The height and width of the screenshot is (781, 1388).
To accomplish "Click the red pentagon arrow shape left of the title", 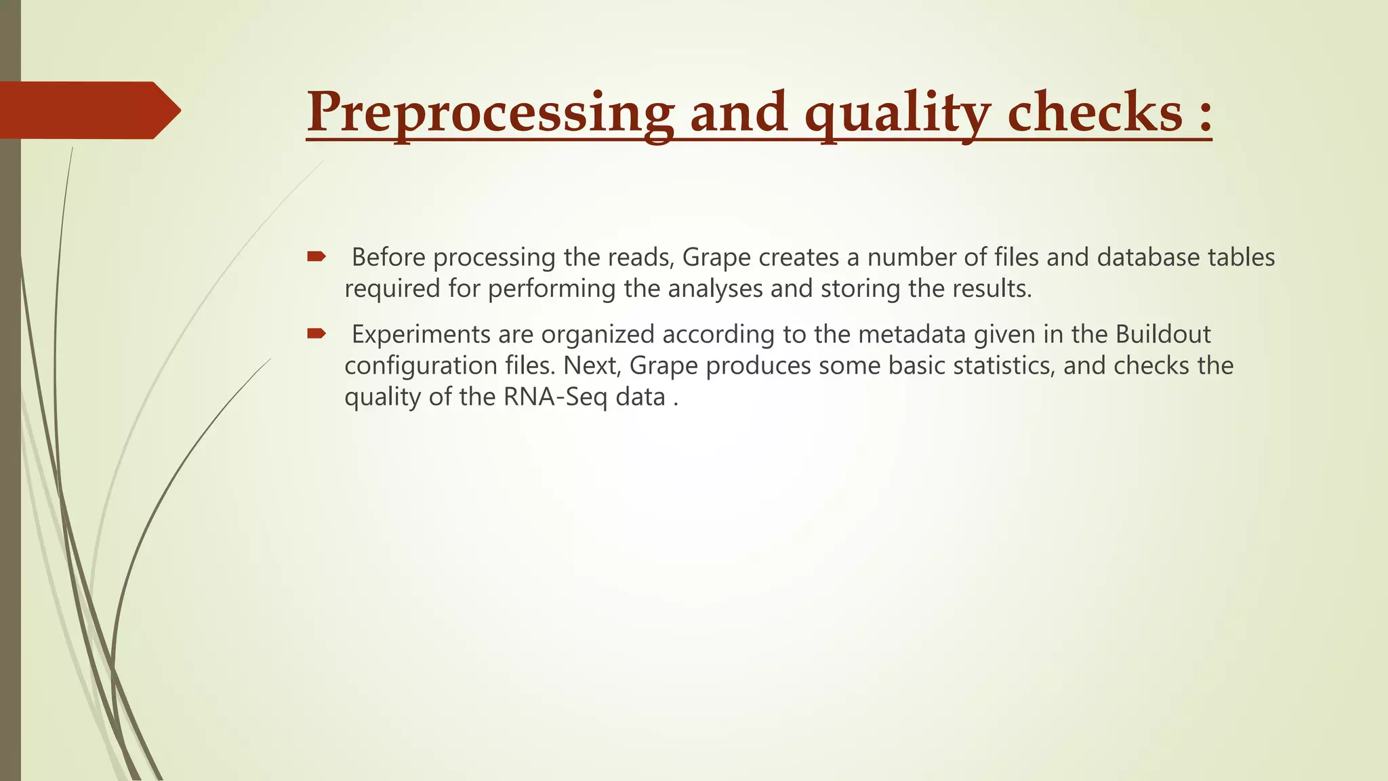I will point(88,110).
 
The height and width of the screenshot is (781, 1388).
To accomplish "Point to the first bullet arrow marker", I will point(317,256).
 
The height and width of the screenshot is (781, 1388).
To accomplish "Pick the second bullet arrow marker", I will point(317,334).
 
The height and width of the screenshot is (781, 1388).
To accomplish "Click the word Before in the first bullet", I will point(388,258).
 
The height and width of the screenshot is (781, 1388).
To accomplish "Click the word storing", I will point(861,289).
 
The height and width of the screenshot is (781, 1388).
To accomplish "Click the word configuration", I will point(421,366).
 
